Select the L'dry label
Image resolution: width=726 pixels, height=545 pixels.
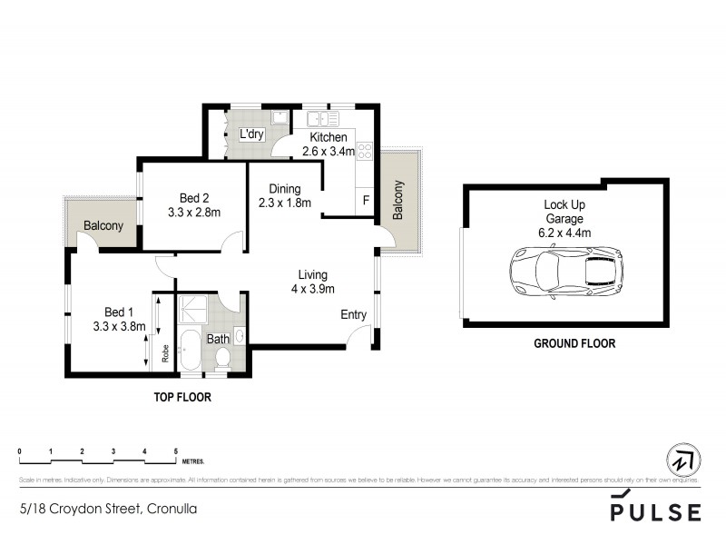251,134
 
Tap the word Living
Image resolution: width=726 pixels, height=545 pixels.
313,274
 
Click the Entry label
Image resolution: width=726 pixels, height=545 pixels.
353,315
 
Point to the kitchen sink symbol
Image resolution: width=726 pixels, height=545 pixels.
322,118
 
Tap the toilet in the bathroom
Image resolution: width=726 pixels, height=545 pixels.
221,360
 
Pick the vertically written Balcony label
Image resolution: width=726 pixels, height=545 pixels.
397,201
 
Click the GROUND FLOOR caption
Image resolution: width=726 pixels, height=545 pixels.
574,344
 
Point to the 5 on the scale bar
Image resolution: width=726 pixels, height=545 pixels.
175,451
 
